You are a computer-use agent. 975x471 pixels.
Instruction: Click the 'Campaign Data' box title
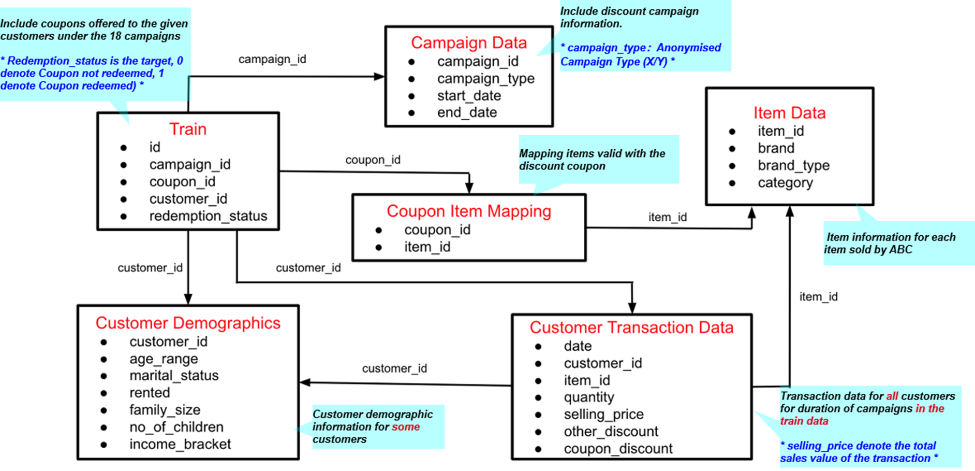(x=468, y=42)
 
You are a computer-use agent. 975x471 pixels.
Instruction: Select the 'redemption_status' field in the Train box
(x=208, y=216)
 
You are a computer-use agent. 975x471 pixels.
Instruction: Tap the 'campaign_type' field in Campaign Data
(x=485, y=79)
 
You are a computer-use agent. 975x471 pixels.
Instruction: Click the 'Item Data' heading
(x=789, y=113)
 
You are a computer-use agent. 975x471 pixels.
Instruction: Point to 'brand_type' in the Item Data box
(x=793, y=165)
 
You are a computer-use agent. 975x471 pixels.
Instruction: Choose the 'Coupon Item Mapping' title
(x=468, y=211)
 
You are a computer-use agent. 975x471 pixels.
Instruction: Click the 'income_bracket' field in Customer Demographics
(x=180, y=444)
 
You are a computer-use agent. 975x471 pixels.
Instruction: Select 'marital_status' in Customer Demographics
(x=174, y=376)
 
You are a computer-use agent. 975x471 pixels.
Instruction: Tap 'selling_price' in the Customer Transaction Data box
(x=603, y=415)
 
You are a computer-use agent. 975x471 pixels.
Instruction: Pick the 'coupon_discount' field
(x=618, y=449)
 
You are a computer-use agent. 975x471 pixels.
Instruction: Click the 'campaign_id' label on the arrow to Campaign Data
(x=272, y=60)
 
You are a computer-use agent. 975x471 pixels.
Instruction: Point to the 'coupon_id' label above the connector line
(x=373, y=160)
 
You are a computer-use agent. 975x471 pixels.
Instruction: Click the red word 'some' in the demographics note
(x=406, y=427)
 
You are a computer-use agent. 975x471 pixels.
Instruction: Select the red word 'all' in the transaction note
(x=892, y=396)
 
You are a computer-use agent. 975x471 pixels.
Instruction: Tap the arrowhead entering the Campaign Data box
(x=379, y=77)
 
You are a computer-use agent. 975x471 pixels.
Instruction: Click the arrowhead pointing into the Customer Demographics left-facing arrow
(x=305, y=382)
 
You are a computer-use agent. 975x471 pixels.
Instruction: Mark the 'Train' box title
(x=188, y=129)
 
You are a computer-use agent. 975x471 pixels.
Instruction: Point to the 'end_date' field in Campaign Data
(x=467, y=113)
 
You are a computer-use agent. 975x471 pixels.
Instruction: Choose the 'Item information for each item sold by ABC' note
(x=890, y=244)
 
